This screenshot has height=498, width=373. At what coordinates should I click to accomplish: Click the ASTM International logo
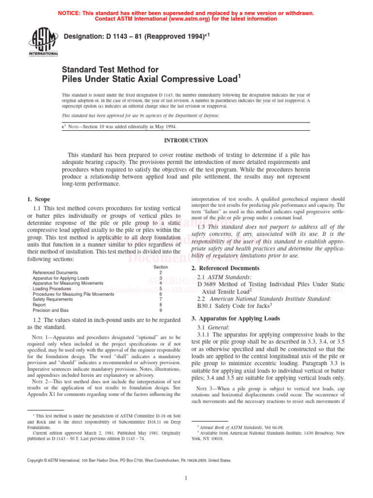[45, 43]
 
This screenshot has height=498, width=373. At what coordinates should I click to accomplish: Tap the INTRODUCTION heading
[186, 141]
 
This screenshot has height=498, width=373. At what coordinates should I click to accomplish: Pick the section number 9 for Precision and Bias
[161, 310]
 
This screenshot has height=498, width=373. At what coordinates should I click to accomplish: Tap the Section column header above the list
[161, 267]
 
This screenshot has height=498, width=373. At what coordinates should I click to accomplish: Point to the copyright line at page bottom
[129, 460]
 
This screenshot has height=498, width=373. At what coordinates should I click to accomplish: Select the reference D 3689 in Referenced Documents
[206, 284]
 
